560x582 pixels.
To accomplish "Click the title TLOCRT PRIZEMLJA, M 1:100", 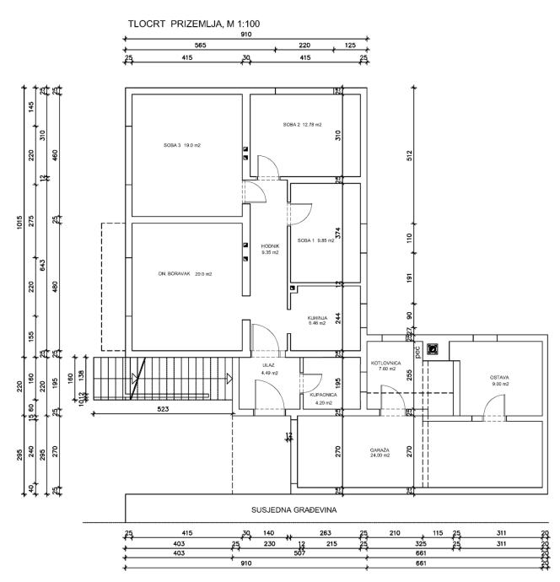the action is click(189, 24).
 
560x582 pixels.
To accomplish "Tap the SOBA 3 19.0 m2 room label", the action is click(182, 145).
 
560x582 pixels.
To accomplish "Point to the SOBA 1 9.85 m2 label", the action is click(315, 240).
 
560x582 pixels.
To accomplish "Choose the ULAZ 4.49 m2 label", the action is click(270, 369).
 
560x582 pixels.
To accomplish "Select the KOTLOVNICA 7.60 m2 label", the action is click(384, 365).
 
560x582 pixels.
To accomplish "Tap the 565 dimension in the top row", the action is click(200, 46).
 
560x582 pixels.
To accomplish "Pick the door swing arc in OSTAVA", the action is click(492, 409).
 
